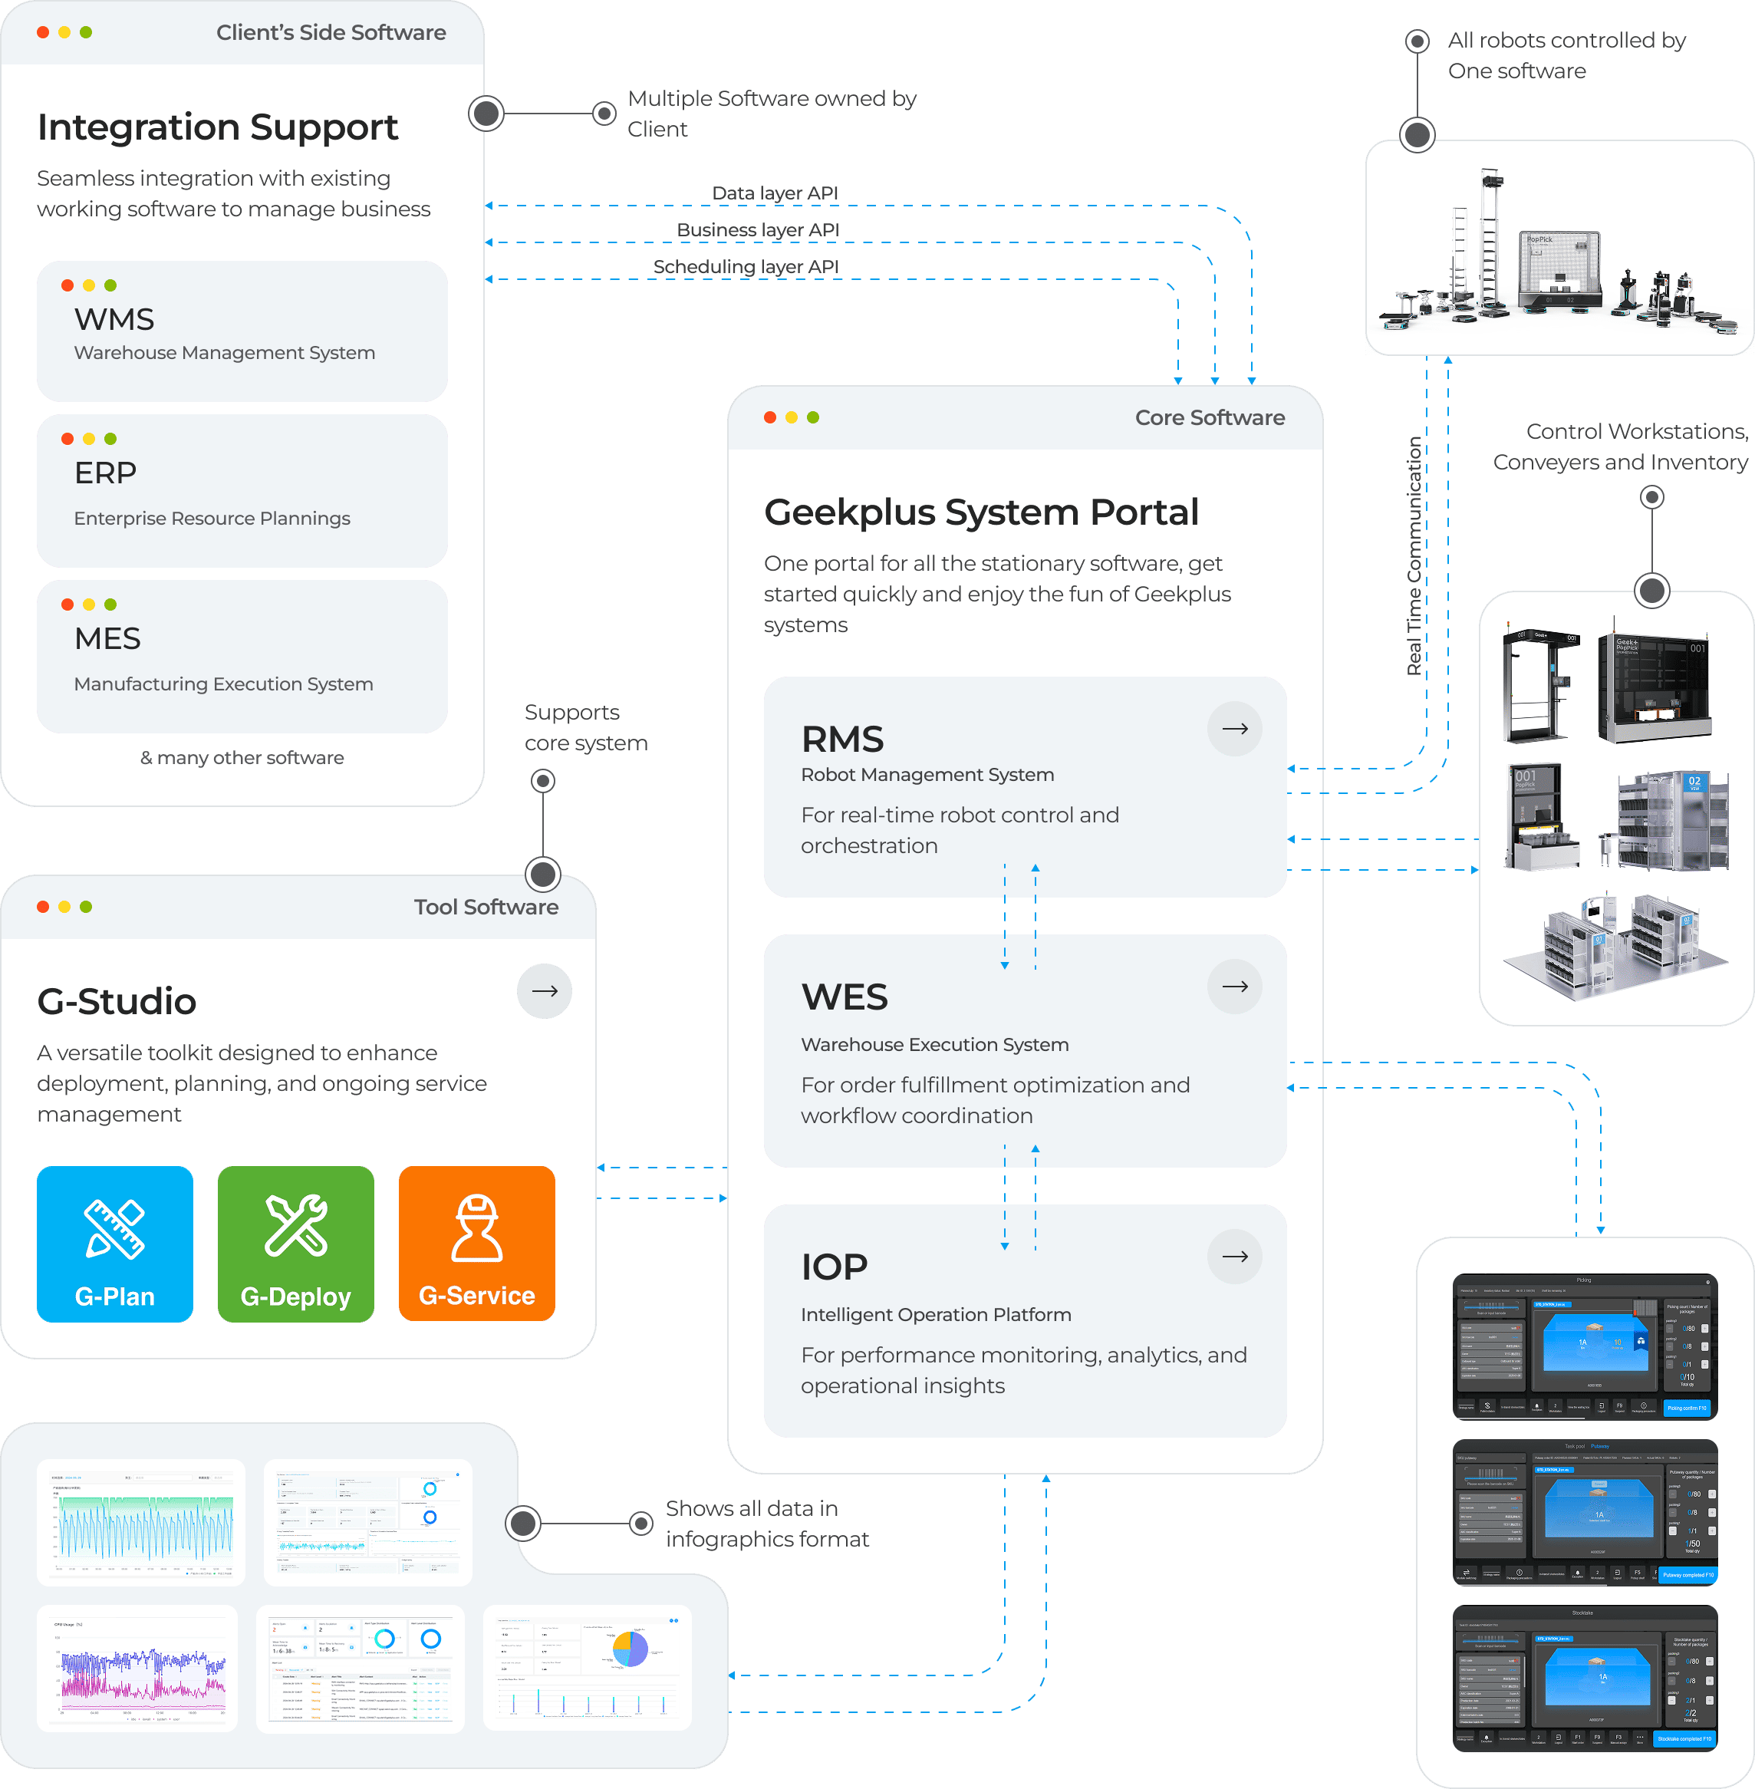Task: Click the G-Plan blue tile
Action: [114, 1244]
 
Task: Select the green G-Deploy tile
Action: [296, 1244]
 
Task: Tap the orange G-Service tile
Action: [476, 1244]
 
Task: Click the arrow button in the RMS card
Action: [1234, 729]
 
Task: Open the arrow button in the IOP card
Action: [1234, 1257]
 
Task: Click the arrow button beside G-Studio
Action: [544, 991]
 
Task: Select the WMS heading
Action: [114, 320]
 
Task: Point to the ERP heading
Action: [105, 473]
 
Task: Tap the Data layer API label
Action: [774, 193]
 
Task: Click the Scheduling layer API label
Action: [745, 266]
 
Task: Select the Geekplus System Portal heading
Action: [981, 512]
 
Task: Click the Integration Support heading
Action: [218, 127]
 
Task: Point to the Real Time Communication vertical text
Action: [1414, 555]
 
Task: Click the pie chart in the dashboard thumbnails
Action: [630, 1649]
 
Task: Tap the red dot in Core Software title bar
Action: [769, 417]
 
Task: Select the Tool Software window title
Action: [486, 907]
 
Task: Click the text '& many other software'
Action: [242, 758]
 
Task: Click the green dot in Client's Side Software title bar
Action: [86, 32]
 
